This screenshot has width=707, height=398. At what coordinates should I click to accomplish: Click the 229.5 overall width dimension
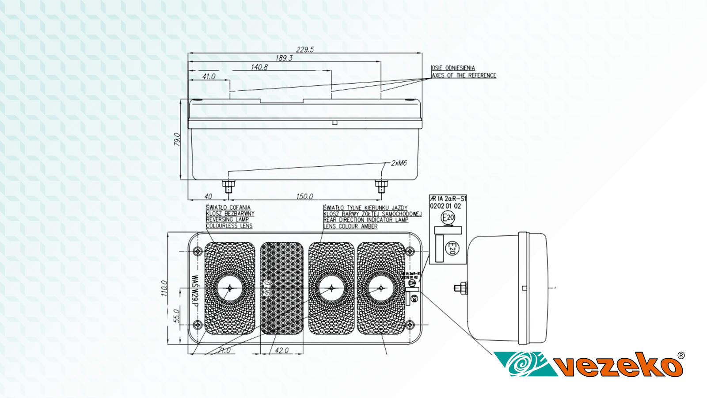click(x=305, y=50)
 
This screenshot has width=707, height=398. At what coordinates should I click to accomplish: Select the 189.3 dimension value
click(x=284, y=58)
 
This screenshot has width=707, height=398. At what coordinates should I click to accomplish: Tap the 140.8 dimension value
click(x=259, y=67)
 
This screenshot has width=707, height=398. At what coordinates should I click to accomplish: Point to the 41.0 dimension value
click(x=209, y=77)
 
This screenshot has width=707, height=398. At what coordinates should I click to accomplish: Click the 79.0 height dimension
click(x=177, y=139)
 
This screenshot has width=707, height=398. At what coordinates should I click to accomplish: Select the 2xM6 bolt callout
click(x=399, y=163)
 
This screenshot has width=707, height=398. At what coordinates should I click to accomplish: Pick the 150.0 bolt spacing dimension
click(x=304, y=196)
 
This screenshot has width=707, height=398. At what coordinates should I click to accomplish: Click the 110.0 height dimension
click(x=164, y=288)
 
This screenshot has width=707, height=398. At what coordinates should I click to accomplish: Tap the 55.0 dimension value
click(x=176, y=316)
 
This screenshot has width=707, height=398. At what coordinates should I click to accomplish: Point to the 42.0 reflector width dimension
click(x=281, y=350)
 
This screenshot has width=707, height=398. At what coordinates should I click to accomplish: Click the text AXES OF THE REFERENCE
click(x=464, y=76)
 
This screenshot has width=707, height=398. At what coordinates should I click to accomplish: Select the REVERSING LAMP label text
click(x=227, y=220)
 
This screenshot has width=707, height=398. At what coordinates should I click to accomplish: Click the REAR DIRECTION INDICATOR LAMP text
click(x=365, y=220)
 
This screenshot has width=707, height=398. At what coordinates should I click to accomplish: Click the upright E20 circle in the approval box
click(x=448, y=218)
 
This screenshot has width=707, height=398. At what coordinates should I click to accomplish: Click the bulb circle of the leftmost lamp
click(x=230, y=288)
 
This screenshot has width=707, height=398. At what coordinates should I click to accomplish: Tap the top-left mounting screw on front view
click(x=198, y=251)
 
